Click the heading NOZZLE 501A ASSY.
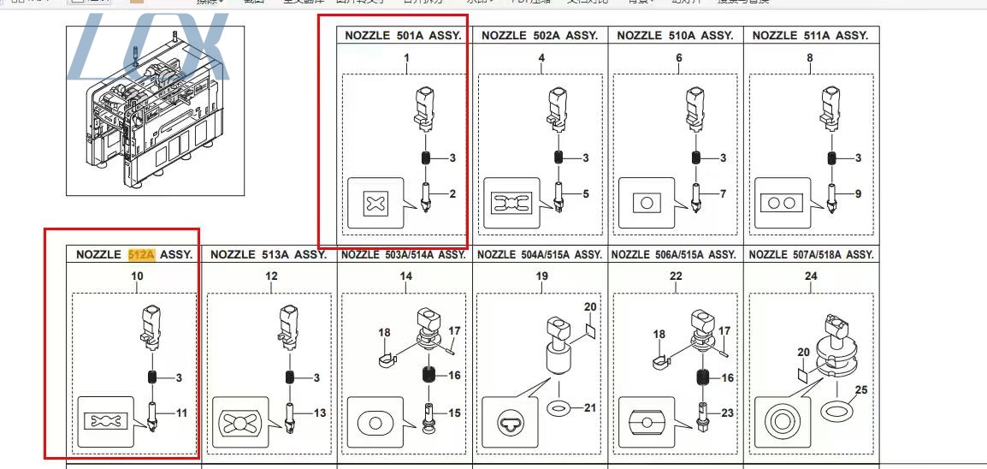coord(403,36)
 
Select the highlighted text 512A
coord(141,254)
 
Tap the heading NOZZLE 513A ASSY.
coord(268,254)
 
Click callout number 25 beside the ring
coord(861,390)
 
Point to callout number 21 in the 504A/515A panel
coord(589,407)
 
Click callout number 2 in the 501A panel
coord(452,194)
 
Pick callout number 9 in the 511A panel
coord(858,194)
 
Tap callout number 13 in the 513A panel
coord(319,413)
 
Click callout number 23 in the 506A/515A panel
coord(726,413)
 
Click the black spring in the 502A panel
coord(559,157)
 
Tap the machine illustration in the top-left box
coord(154,111)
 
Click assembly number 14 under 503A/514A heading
coord(405,276)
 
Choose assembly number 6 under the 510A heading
coord(678,58)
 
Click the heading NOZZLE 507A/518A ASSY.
coord(811,254)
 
